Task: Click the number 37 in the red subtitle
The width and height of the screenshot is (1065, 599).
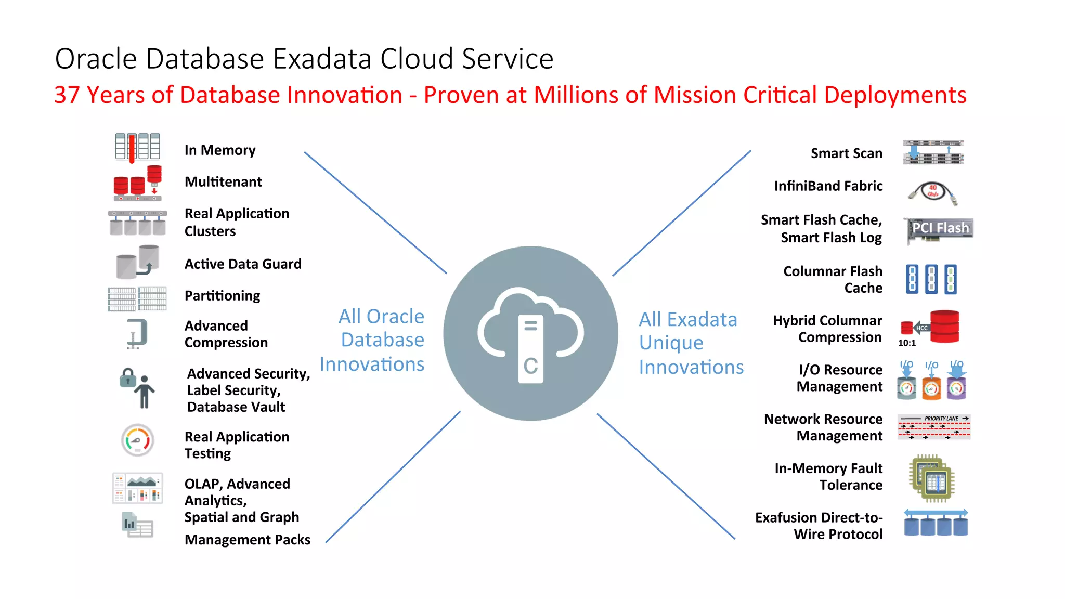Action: click(67, 95)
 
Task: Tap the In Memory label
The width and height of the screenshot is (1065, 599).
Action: click(220, 150)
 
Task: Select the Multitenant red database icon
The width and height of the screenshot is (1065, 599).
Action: click(137, 183)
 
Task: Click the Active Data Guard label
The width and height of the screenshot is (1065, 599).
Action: click(243, 264)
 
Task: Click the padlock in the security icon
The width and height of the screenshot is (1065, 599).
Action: click(127, 378)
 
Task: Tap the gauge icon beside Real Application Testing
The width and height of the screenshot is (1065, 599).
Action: click(137, 440)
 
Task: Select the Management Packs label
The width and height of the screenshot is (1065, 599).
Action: click(247, 540)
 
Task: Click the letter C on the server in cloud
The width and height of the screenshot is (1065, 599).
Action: click(530, 366)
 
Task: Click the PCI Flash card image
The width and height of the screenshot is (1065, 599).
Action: click(940, 230)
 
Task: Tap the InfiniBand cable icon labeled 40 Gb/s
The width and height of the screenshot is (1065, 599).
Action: click(933, 193)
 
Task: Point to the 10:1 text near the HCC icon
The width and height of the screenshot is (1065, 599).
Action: click(906, 343)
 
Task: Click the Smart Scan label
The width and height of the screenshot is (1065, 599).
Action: click(846, 153)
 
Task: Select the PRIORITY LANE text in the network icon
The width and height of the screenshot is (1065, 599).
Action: click(941, 419)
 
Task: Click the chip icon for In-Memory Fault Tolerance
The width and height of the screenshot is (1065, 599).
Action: click(933, 478)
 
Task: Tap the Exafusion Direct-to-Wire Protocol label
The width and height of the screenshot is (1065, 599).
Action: click(819, 526)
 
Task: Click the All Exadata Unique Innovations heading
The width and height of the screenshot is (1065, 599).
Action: click(691, 343)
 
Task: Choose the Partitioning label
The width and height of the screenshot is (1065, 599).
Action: click(222, 296)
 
